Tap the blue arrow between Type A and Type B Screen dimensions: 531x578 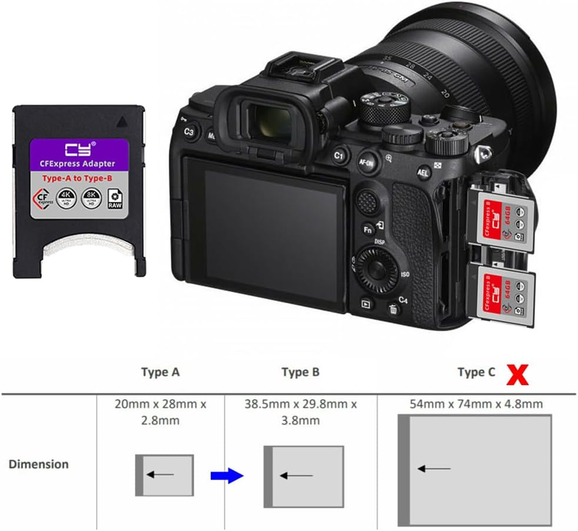pyautogui.click(x=227, y=475)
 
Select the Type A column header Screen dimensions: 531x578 pyautogui.click(x=160, y=372)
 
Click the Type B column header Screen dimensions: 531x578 pyautogui.click(x=300, y=372)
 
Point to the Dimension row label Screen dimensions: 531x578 pyautogui.click(x=38, y=464)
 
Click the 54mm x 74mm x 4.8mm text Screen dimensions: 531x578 pyautogui.click(x=476, y=404)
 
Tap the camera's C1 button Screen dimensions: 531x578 pyautogui.click(x=338, y=156)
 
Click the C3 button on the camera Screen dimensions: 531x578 pyautogui.click(x=189, y=132)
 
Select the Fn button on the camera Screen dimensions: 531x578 pyautogui.click(x=368, y=229)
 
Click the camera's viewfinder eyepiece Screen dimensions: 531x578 pyautogui.click(x=266, y=118)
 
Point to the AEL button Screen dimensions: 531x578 pyautogui.click(x=423, y=172)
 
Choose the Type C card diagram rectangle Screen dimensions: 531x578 pyautogui.click(x=475, y=470)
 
